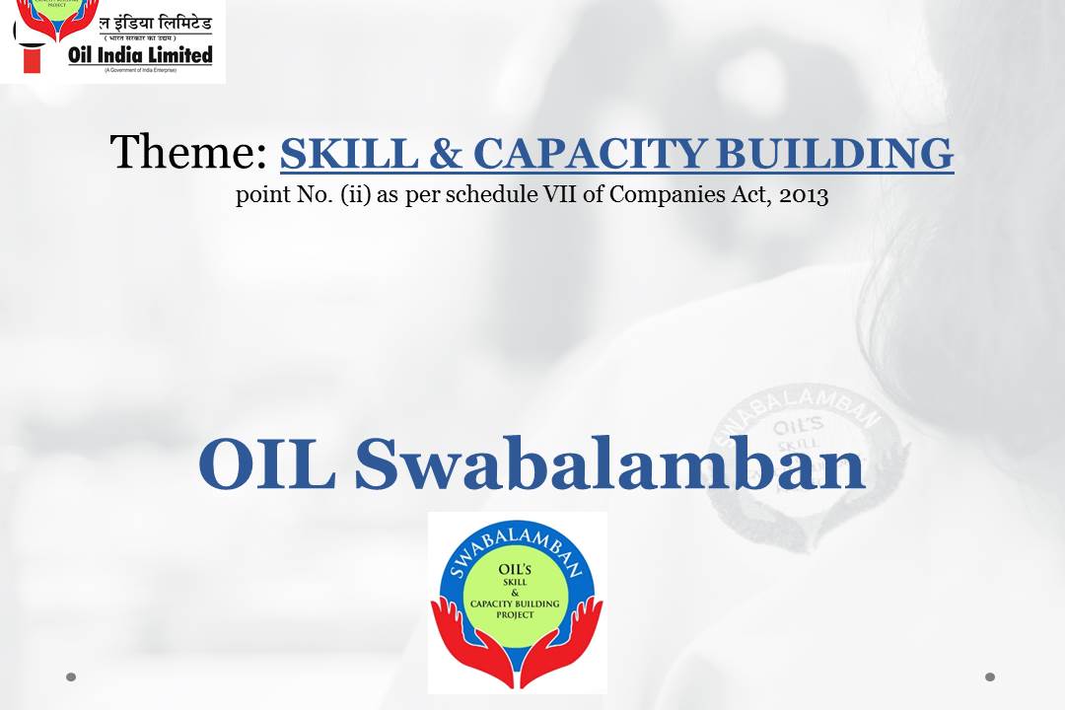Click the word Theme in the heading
pyautogui.click(x=187, y=153)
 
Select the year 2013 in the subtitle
pyautogui.click(x=804, y=195)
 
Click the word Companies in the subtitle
pyautogui.click(x=656, y=195)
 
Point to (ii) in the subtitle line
pyautogui.click(x=354, y=195)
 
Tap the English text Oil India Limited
pyautogui.click(x=140, y=55)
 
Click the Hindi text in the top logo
pyautogui.click(x=139, y=21)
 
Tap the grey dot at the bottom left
pyautogui.click(x=71, y=676)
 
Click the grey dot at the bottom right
pyautogui.click(x=990, y=676)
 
